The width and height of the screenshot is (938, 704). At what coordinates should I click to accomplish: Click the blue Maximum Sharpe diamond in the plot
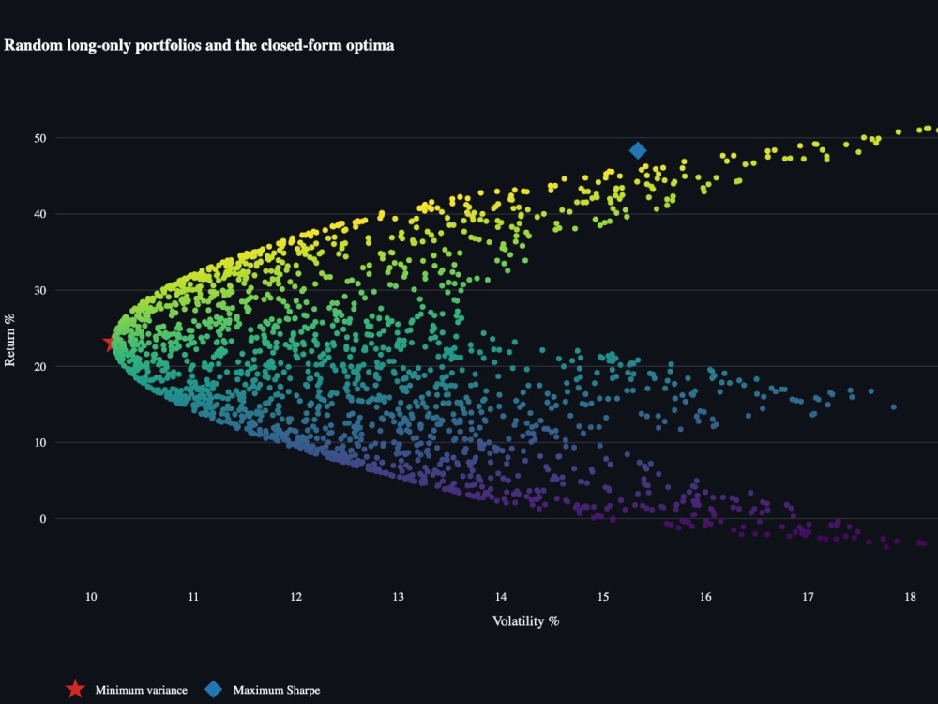click(638, 150)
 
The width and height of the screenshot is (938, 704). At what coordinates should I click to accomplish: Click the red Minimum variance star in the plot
click(110, 343)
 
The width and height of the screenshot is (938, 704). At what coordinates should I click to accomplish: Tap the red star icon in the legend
click(75, 689)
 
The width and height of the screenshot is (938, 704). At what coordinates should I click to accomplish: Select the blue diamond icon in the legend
click(214, 689)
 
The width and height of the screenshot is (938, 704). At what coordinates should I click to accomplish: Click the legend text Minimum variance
click(142, 690)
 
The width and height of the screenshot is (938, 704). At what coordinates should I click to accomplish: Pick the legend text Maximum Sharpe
click(277, 690)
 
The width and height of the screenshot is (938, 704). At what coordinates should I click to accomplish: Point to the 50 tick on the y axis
click(40, 138)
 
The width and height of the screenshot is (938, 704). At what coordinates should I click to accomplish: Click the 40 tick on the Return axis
click(40, 214)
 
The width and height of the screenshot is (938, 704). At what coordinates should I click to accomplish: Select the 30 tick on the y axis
click(40, 290)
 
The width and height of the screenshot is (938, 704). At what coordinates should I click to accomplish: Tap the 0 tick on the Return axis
click(42, 519)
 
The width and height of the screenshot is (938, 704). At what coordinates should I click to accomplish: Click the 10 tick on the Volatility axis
click(91, 597)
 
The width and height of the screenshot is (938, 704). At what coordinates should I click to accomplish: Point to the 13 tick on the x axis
click(399, 597)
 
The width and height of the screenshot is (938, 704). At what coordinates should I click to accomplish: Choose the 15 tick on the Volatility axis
click(603, 597)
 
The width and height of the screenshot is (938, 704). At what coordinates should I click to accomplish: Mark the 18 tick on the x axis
click(910, 597)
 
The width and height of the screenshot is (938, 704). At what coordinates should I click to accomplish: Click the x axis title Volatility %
click(526, 621)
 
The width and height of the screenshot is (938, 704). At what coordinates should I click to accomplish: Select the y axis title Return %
click(10, 340)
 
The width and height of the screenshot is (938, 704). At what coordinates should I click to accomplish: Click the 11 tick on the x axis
click(193, 597)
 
